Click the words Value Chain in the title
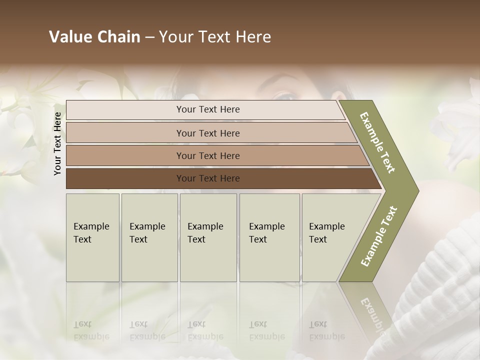94,37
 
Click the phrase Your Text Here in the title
215,37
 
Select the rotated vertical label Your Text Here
57,143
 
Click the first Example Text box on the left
92,237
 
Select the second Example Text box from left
149,237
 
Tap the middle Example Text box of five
208,237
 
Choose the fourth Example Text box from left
269,237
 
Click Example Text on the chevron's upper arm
377,143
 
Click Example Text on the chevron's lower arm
379,236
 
